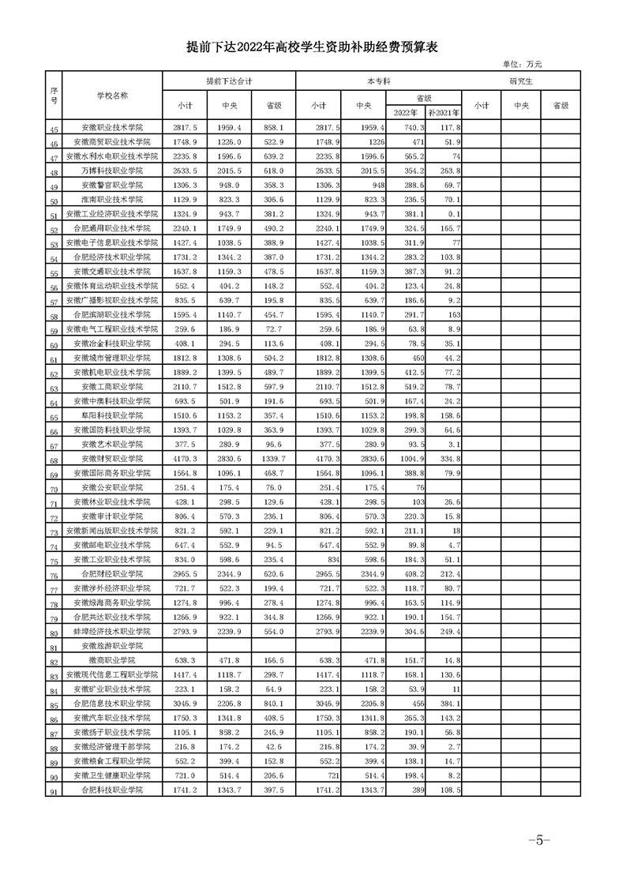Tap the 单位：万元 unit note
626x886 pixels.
pos(522,64)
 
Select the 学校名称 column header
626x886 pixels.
pos(112,95)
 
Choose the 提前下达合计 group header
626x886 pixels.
pos(228,81)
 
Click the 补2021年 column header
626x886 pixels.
pos(443,111)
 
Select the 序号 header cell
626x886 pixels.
pos(54,95)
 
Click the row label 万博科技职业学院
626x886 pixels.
pos(112,171)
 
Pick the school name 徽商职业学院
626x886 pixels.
pos(112,659)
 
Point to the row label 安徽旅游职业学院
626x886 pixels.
pos(112,645)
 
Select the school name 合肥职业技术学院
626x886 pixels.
pos(112,790)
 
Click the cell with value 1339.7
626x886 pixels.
pos(273,458)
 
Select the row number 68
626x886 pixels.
pos(54,460)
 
